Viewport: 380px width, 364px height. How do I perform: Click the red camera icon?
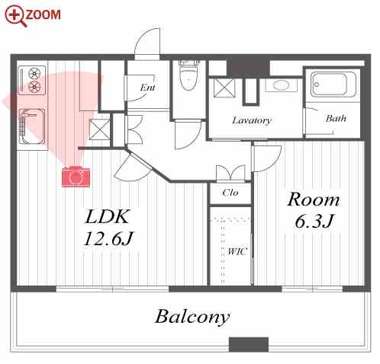pos(76,177)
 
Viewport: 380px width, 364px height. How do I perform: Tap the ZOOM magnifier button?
pos(33,15)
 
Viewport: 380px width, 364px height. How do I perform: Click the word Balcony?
pos(192,318)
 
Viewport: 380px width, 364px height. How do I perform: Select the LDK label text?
pos(107,216)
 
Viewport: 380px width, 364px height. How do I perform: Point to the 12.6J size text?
pos(108,239)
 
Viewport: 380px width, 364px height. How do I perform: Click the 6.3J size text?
pos(314,221)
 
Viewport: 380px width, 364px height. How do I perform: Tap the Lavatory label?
pos(252,120)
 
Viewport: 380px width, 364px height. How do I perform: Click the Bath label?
pos(336,118)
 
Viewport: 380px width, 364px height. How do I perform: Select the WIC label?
pos(237,251)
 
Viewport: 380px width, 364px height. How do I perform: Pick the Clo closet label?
pos(230,193)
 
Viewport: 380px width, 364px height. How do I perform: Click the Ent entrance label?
pos(148,88)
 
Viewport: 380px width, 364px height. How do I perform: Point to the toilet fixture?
pos(188,75)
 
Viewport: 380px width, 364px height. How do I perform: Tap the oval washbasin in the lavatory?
pos(281,85)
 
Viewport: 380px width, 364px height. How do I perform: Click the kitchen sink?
pos(32,127)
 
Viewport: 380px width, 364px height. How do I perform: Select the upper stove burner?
pos(34,74)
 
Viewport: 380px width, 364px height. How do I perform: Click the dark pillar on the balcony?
pos(249,344)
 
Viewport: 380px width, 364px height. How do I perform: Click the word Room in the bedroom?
pos(314,200)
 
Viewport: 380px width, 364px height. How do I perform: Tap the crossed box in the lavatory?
pos(224,88)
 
